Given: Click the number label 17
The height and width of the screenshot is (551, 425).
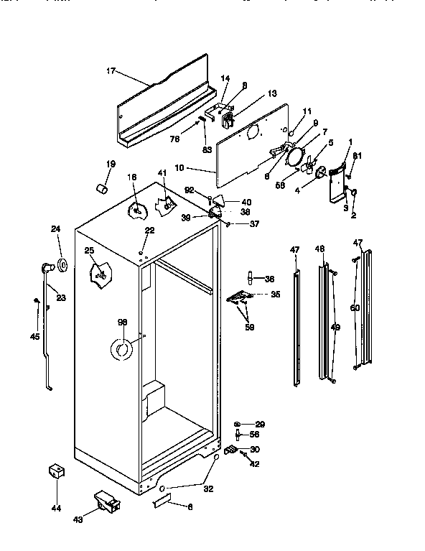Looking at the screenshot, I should (111, 70).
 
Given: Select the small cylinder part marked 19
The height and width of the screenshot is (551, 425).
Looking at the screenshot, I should (102, 187).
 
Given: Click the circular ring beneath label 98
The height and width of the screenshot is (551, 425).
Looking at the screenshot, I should (121, 349).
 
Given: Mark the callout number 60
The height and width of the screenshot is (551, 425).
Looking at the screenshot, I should (352, 307).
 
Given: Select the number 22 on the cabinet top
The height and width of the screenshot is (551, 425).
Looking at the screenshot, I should (149, 230).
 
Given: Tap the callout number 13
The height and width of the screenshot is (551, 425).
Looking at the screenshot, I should (252, 93).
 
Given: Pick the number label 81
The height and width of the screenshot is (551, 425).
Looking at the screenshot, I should (358, 157).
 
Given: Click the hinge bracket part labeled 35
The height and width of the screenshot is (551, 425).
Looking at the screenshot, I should (239, 296).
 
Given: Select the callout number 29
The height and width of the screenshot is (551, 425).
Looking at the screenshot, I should (261, 425).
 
